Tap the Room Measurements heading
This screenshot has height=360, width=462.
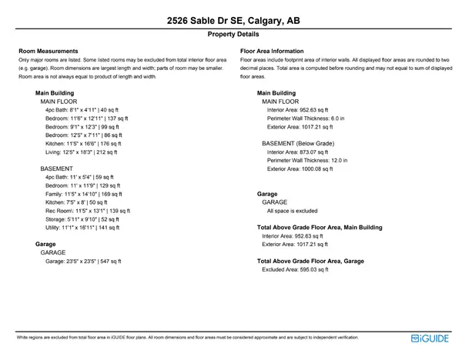[x=49, y=51]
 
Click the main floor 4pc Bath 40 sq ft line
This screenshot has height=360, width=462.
[x=82, y=110]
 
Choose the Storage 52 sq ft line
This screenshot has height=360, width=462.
[x=84, y=218]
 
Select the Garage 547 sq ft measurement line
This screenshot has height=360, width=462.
[x=83, y=261]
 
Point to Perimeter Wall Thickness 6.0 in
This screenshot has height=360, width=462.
[x=306, y=118]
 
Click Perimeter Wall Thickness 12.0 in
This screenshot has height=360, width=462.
[x=307, y=160]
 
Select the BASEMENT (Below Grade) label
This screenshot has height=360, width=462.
[x=298, y=143]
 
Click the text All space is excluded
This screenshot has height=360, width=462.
[x=292, y=210]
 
